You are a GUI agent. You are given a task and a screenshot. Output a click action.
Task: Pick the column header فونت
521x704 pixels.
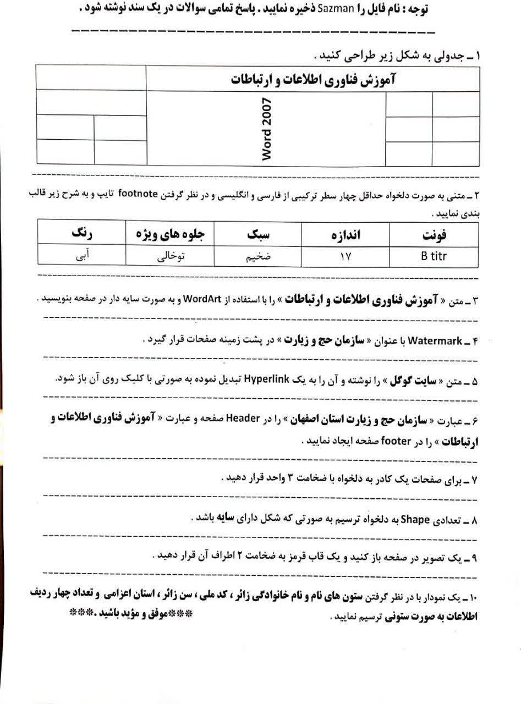tap(434, 237)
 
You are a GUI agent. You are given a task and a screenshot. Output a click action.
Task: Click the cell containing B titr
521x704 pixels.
tap(434, 257)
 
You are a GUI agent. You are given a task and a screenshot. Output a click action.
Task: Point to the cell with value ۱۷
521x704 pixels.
tap(345, 257)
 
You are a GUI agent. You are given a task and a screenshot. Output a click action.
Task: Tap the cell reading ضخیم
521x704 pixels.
tap(257, 257)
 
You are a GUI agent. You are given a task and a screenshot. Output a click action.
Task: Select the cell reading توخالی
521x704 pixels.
tap(169, 257)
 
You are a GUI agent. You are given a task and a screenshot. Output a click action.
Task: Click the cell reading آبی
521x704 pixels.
tap(81, 257)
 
